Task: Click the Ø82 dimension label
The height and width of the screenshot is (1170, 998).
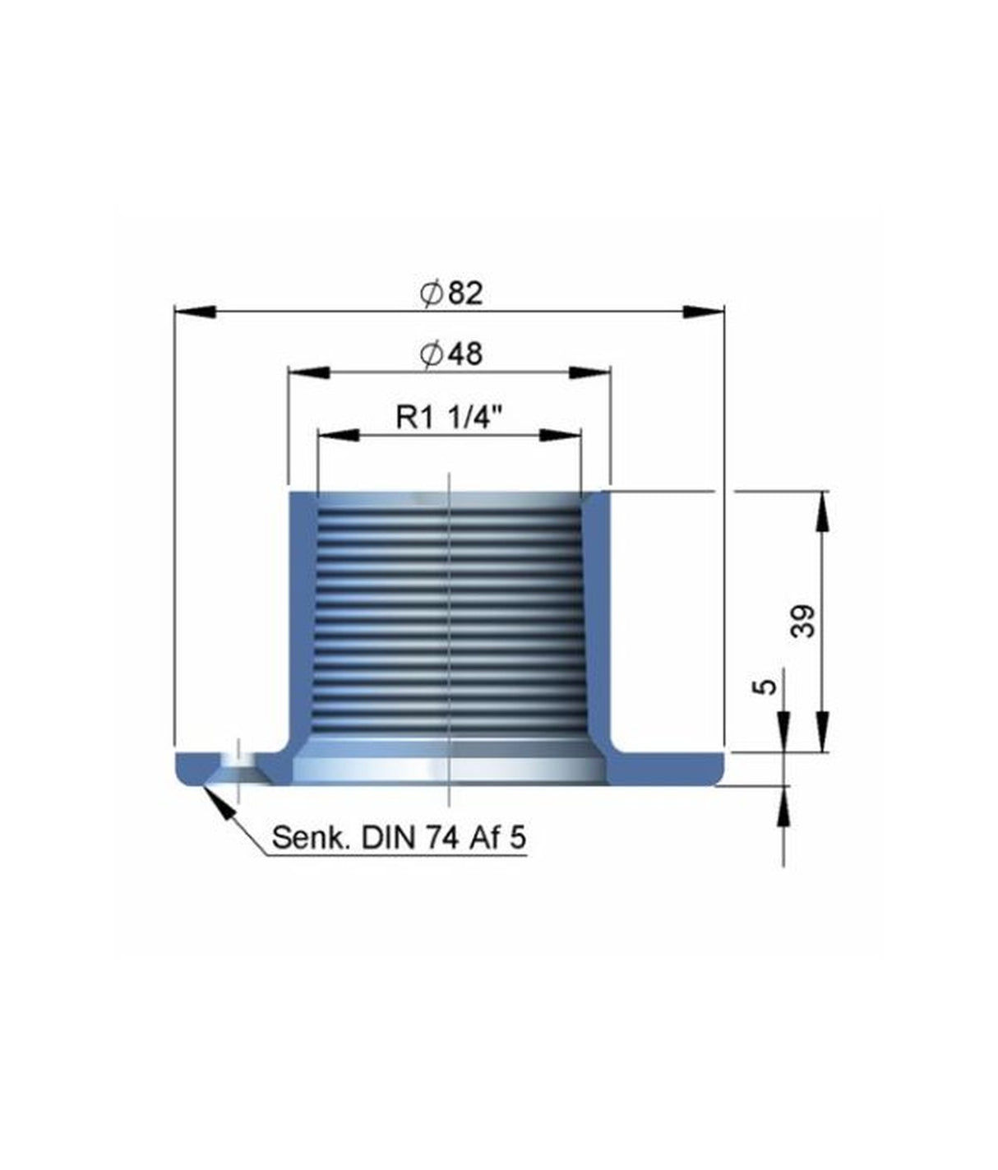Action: pyautogui.click(x=451, y=294)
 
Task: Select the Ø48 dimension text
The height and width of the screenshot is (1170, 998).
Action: pyautogui.click(x=450, y=354)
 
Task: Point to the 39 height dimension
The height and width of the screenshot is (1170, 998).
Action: pyautogui.click(x=803, y=621)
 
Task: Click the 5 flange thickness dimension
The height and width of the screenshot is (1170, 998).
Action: pyautogui.click(x=765, y=686)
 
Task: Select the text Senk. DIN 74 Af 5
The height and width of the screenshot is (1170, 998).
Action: pyautogui.click(x=399, y=838)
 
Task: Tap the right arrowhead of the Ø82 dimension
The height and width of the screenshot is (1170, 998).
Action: pyautogui.click(x=705, y=311)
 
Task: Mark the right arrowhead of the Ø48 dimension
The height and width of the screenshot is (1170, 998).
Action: pyautogui.click(x=590, y=372)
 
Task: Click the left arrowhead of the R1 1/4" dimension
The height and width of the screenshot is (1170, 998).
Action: pyautogui.click(x=338, y=434)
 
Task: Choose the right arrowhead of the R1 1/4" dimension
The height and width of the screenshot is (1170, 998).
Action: pyautogui.click(x=561, y=434)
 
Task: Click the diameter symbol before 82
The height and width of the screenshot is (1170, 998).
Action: pyautogui.click(x=432, y=294)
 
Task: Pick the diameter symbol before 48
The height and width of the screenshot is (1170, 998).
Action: pyautogui.click(x=431, y=355)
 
